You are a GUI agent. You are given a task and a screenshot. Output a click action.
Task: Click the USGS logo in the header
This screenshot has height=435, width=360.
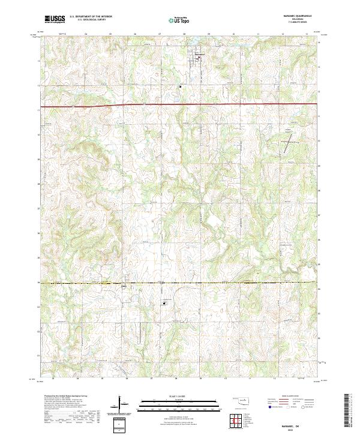point(55,19)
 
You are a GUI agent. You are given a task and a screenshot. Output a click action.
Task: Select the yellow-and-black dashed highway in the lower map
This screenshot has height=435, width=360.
point(180,283)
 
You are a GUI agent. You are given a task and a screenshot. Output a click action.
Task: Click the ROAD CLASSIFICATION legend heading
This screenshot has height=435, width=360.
point(286,397)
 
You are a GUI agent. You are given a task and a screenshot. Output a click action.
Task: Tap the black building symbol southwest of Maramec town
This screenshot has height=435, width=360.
point(179,86)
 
